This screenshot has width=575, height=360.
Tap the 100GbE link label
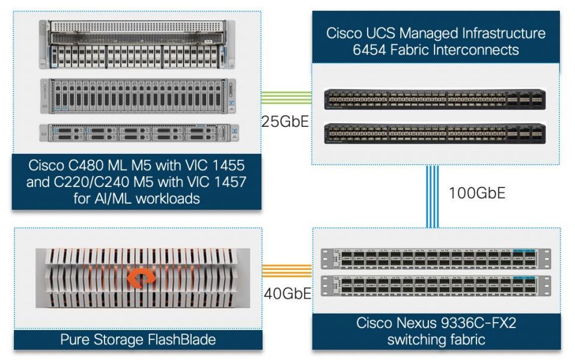(477, 193)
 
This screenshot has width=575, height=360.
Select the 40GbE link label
(287, 293)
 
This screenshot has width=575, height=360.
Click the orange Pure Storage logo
(140, 278)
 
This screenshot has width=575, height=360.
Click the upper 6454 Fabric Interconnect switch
(434, 99)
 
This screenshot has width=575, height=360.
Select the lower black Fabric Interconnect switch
(434, 133)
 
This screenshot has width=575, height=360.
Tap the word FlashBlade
(181, 340)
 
